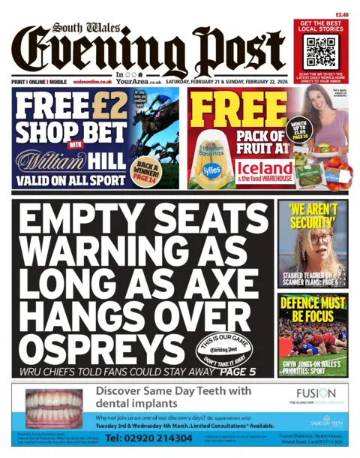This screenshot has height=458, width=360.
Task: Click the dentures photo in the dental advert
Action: tap(53, 409)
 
